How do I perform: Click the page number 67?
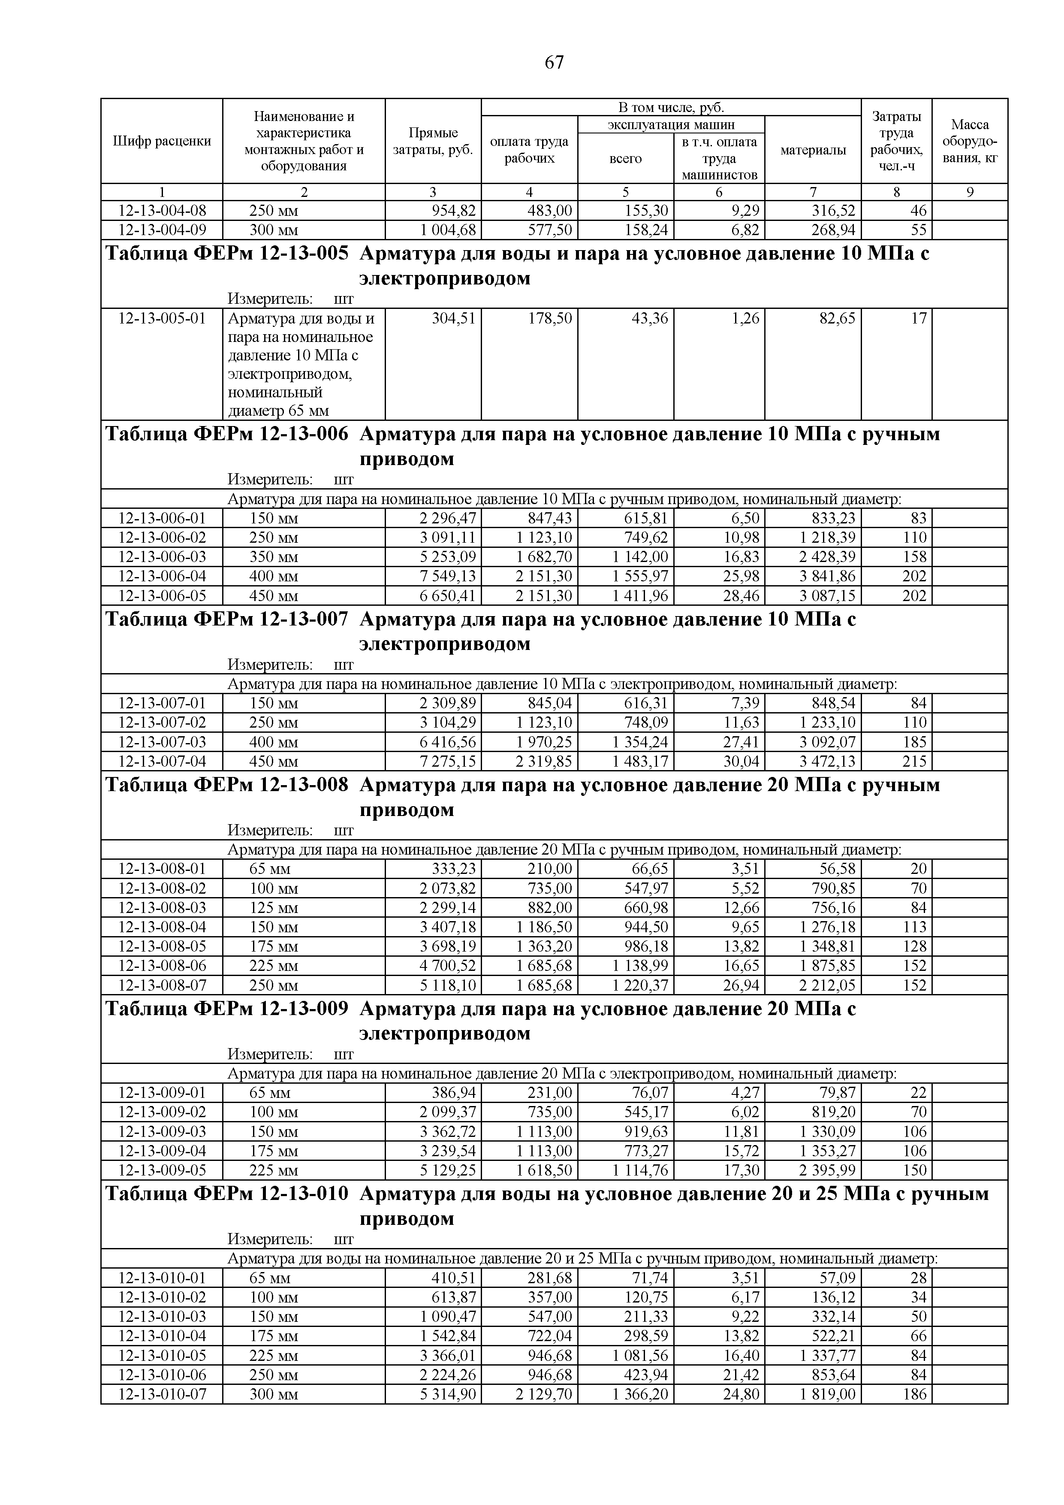pyautogui.click(x=554, y=63)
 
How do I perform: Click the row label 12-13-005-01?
pyautogui.click(x=162, y=319)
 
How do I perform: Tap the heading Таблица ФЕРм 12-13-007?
pyautogui.click(x=227, y=620)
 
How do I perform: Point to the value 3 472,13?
pyautogui.click(x=827, y=761)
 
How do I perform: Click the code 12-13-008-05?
pyautogui.click(x=162, y=946)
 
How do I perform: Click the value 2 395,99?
pyautogui.click(x=827, y=1170)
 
